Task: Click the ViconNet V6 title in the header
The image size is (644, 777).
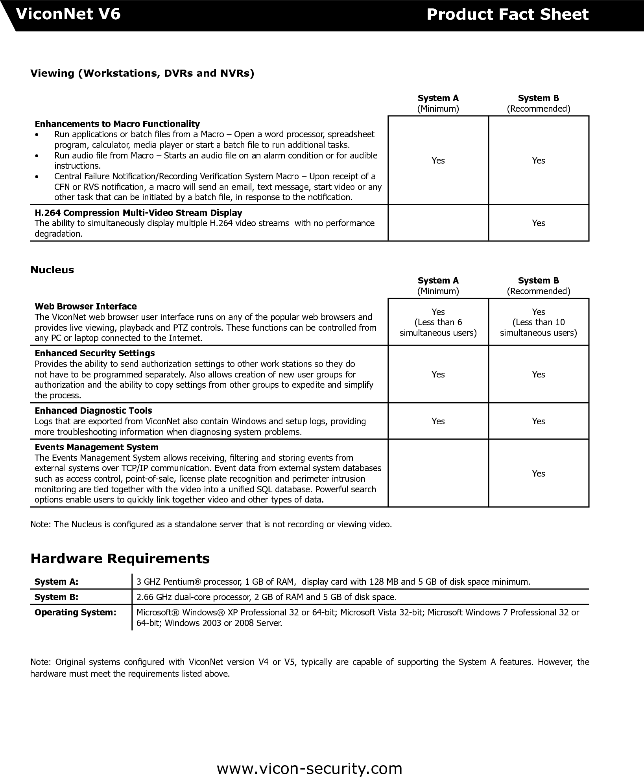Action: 68,15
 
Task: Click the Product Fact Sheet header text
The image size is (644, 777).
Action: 507,15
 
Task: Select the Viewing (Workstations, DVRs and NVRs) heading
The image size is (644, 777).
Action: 142,73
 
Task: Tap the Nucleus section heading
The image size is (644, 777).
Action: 52,270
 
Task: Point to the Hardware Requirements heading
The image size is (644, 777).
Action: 120,558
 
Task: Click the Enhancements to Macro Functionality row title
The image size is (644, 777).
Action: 117,124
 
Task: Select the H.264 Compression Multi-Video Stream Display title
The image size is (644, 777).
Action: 138,213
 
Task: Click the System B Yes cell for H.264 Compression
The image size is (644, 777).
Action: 538,223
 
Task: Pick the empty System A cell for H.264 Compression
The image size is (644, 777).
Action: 438,223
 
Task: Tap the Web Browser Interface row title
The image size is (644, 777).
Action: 86,306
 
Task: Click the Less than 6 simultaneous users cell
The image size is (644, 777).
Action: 438,322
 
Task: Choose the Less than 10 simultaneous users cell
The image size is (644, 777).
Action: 538,322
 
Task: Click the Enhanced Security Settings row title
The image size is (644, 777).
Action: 95,353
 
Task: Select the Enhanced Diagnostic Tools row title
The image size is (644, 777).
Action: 93,411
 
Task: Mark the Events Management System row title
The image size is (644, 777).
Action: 96,447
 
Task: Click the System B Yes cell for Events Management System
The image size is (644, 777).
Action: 538,473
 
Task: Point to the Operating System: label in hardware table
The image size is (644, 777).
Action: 76,612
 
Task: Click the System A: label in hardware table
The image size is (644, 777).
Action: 57,582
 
